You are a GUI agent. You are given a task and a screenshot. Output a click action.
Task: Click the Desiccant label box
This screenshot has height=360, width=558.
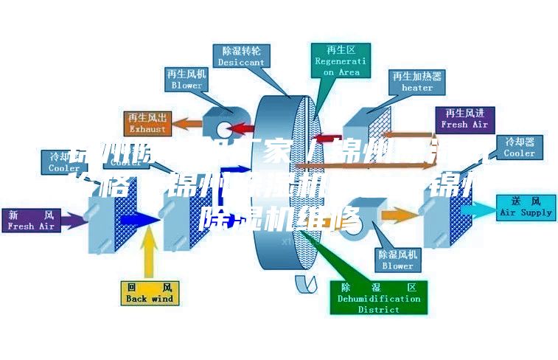240,57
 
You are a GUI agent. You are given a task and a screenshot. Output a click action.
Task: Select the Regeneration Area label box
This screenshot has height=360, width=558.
340,60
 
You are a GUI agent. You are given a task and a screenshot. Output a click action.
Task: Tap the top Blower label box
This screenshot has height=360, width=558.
186,80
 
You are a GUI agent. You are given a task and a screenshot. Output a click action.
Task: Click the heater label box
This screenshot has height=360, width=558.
416,81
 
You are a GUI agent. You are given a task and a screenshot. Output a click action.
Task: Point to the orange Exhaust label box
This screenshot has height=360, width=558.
147,123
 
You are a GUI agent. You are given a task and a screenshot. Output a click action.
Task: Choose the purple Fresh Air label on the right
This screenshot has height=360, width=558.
464,119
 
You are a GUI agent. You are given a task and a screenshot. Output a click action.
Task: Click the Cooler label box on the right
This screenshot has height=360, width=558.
519,147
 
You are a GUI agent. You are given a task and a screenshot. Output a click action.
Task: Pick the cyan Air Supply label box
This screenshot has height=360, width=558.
526,207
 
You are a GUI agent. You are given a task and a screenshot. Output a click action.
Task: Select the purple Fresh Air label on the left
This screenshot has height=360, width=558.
31,221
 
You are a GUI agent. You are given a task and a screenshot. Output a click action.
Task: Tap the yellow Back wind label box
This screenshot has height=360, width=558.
149,293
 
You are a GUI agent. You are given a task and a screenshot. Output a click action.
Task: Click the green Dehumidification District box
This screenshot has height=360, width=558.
379,297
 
